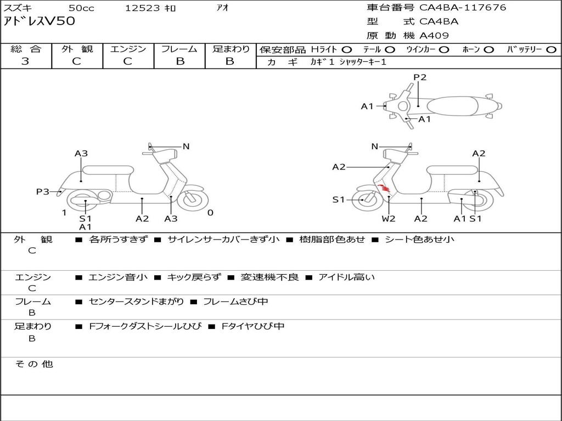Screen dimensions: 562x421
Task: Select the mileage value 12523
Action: point(142,8)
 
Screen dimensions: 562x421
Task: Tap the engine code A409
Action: point(434,36)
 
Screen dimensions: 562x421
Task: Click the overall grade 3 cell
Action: point(25,61)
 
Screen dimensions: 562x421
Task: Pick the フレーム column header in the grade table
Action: point(179,49)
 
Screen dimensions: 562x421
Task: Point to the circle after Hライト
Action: point(347,49)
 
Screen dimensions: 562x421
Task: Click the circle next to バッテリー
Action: point(552,49)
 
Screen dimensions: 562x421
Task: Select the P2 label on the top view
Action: point(420,77)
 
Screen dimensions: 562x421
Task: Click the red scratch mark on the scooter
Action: point(385,190)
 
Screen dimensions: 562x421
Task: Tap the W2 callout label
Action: point(389,219)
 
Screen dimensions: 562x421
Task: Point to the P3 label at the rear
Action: point(43,191)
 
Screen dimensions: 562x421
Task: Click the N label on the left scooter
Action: point(186,146)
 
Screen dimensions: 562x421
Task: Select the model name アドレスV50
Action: point(40,21)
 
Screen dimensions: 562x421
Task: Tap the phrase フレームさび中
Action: point(235,301)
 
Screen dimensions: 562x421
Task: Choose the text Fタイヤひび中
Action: point(253,326)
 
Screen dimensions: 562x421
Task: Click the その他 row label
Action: point(33,364)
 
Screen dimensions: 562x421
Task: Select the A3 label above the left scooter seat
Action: point(81,153)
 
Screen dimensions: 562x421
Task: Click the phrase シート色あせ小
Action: point(419,239)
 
